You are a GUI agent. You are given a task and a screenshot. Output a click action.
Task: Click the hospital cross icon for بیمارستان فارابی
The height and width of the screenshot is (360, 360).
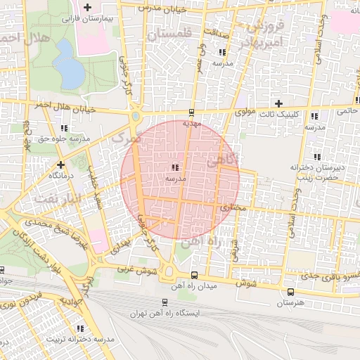click(x=87, y=8)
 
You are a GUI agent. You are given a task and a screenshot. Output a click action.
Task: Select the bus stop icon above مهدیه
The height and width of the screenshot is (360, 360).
click(x=191, y=112)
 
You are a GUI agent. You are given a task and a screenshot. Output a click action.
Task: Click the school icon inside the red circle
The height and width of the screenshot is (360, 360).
click(x=174, y=167)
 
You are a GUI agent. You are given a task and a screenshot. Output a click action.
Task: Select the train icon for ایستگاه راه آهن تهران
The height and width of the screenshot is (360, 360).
click(x=165, y=302)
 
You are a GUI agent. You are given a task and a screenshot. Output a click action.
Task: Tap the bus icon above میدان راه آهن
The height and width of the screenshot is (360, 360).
click(x=194, y=275)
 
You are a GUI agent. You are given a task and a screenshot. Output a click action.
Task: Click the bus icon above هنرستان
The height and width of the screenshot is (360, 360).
click(x=291, y=291)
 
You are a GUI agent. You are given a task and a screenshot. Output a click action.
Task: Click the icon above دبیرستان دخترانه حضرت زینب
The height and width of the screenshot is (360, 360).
click(x=316, y=157)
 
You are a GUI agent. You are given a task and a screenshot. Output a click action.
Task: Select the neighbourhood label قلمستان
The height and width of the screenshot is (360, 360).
click(x=170, y=33)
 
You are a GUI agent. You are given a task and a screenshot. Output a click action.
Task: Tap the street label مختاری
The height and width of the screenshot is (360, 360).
click(x=231, y=208)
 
